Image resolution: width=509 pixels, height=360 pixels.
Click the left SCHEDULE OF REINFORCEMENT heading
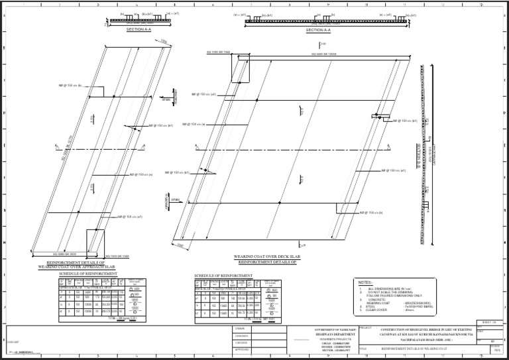pyautogui.click(x=87, y=273)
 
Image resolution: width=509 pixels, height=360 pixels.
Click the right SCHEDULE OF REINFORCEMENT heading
pyautogui.click(x=223, y=275)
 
